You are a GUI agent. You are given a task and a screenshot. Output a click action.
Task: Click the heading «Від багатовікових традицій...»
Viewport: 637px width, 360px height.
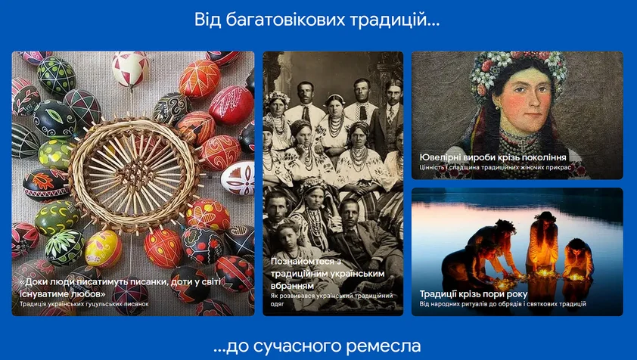[318, 20]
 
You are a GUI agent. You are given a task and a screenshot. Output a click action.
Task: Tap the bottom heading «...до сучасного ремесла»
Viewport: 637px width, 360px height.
[317, 346]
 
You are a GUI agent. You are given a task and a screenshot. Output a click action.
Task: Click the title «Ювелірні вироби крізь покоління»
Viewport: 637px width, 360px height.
[493, 157]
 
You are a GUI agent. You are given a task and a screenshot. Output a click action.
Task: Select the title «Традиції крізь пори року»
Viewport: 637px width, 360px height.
[473, 293]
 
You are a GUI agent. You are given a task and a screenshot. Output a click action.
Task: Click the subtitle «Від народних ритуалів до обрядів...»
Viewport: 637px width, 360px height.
[503, 304]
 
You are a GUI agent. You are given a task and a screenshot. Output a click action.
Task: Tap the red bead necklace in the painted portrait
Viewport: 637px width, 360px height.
[522, 140]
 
